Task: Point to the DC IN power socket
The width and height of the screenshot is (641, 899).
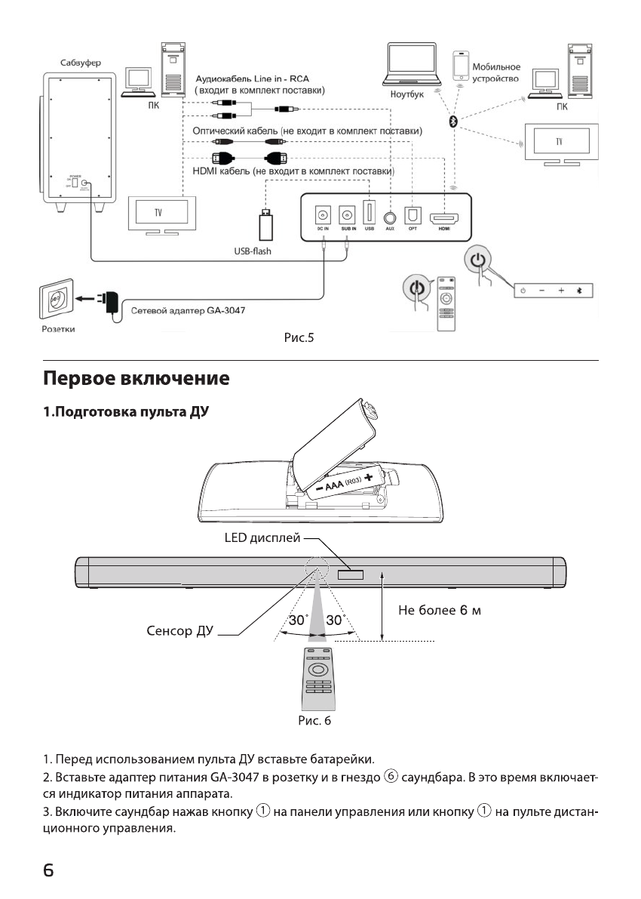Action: point(323,214)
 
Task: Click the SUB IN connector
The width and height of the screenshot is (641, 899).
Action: point(347,214)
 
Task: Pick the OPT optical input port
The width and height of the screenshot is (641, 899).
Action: point(413,214)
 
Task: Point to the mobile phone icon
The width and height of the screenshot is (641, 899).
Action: point(459,66)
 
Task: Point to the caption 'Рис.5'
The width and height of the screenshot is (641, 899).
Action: point(298,339)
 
